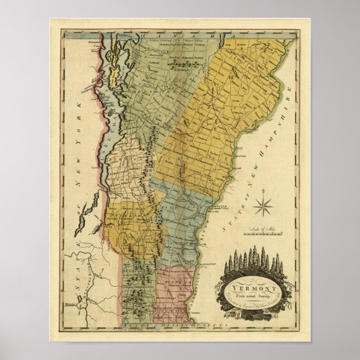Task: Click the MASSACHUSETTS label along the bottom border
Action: (168, 324)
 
